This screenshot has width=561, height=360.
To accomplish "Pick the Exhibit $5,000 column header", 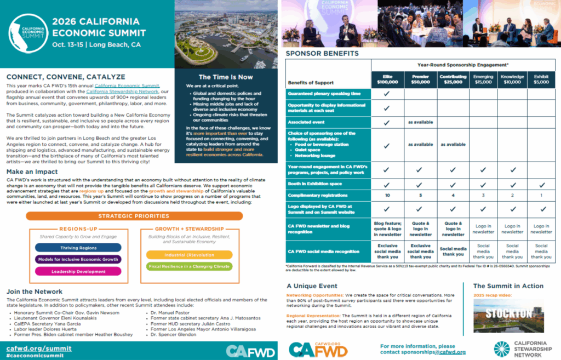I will pos(541,79).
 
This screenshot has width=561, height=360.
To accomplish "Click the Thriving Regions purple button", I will pos(78,248).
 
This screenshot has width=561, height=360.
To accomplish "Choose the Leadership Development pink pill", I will pos(78,271).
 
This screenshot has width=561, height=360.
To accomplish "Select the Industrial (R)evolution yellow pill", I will pos(189,255).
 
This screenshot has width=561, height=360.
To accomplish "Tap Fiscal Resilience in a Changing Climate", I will pos(189,267).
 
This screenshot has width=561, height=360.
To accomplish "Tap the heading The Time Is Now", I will pos(226,77).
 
